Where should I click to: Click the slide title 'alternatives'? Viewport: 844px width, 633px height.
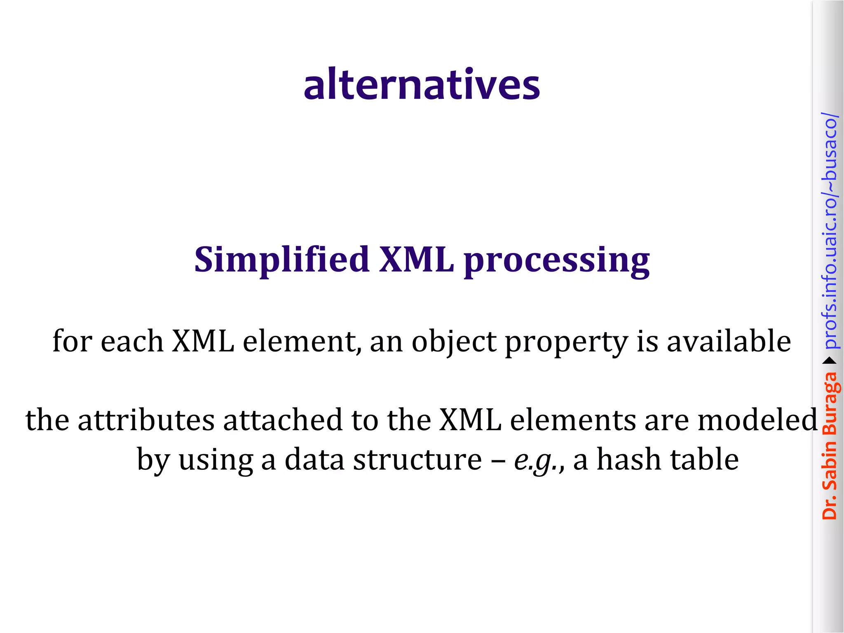tap(422, 84)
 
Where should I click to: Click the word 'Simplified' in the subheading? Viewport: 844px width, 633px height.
tap(281, 260)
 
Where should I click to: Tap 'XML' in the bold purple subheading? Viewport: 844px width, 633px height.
tap(416, 260)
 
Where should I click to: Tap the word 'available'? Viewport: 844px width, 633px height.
tap(729, 341)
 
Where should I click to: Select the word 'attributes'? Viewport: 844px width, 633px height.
tap(146, 420)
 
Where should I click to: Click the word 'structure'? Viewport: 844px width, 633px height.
tap(417, 460)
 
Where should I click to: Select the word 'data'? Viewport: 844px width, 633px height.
tap(314, 460)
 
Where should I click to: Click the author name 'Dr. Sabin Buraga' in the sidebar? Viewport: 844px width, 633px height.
tap(829, 445)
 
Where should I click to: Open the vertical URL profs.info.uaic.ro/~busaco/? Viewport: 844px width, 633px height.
tap(829, 231)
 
